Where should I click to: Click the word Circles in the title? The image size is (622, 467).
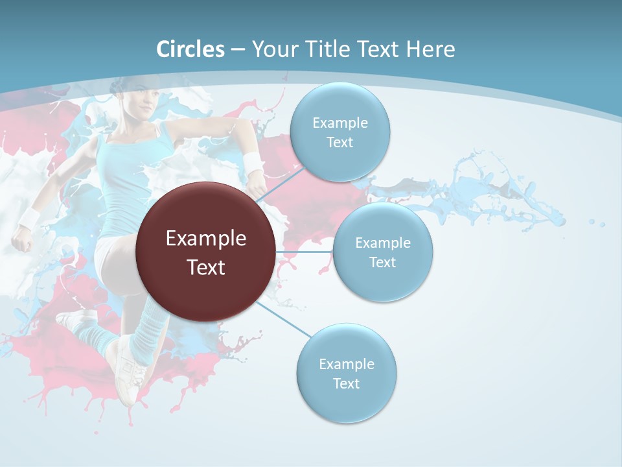pos(190,49)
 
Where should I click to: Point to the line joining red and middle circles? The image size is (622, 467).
pos(305,252)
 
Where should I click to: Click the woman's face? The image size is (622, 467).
pos(144,104)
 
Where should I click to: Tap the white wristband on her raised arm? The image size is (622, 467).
pos(253,163)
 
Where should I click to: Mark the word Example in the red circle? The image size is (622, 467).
pos(205,239)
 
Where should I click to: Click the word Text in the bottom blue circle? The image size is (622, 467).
pos(346,383)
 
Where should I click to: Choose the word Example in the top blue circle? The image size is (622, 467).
pos(340,123)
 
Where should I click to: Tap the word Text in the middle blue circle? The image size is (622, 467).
pos(382,262)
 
